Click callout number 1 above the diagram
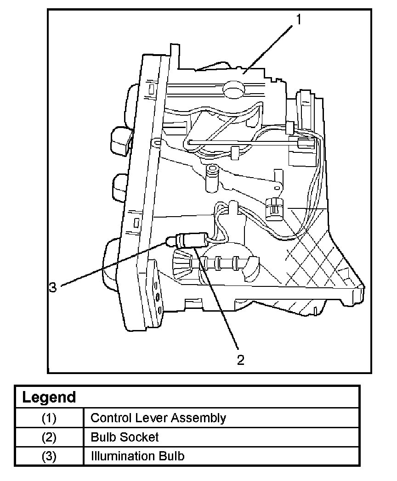(x=298, y=20)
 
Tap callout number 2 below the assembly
(x=241, y=360)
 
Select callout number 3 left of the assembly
(x=53, y=287)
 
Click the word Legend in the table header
(x=49, y=397)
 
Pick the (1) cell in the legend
(x=49, y=418)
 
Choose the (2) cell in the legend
(x=49, y=437)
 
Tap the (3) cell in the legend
(x=49, y=457)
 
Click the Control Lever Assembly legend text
(x=158, y=418)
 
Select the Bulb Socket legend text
(x=125, y=437)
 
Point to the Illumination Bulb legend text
(x=137, y=456)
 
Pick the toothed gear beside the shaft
(x=181, y=264)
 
